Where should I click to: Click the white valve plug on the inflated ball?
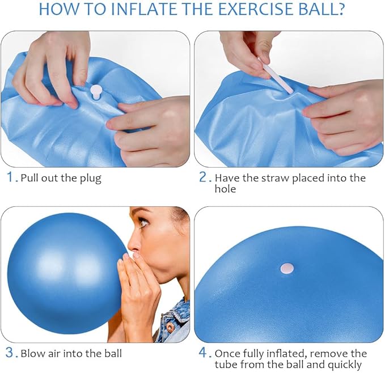287,269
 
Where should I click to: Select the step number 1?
10,177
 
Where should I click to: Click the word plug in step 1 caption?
91,179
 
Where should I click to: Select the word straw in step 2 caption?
275,178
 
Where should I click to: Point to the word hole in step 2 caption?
225,189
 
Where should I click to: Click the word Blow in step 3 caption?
33,354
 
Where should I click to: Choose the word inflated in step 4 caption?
286,354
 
